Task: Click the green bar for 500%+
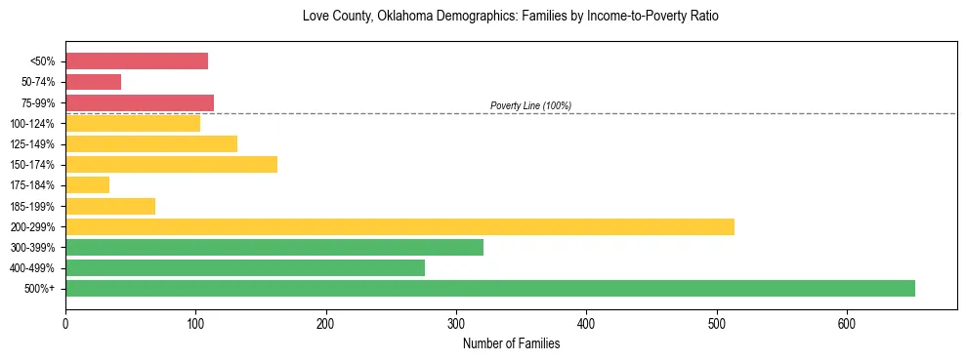pyautogui.click(x=489, y=288)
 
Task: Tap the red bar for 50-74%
pyautogui.click(x=93, y=82)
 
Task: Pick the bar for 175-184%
pyautogui.click(x=87, y=184)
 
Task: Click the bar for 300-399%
pyautogui.click(x=274, y=247)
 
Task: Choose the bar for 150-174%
pyautogui.click(x=171, y=164)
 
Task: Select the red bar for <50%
pyautogui.click(x=137, y=61)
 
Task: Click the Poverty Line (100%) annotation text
pyautogui.click(x=530, y=105)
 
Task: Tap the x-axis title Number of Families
pyautogui.click(x=511, y=343)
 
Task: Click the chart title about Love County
pyautogui.click(x=511, y=17)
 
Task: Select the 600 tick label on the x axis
pyautogui.click(x=847, y=323)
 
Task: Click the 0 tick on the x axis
pyautogui.click(x=65, y=323)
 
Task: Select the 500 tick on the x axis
pyautogui.click(x=717, y=323)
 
